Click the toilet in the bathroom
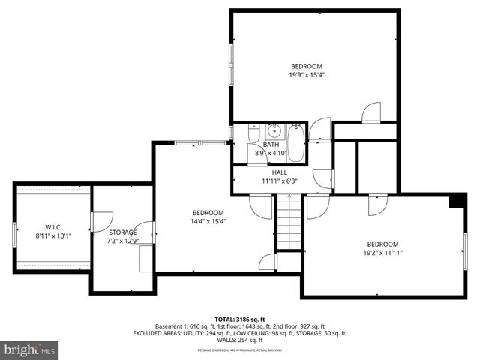[x=253, y=134]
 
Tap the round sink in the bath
[x=274, y=133]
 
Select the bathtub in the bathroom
[x=296, y=143]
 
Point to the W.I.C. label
[x=52, y=227]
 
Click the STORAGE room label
[x=122, y=232]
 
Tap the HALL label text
[x=280, y=172]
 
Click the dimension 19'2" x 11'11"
[x=382, y=253]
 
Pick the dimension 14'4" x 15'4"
[x=208, y=221]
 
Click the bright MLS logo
[x=30, y=349]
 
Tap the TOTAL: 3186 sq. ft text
[x=239, y=319]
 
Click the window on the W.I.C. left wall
[x=13, y=233]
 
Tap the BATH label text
[x=271, y=145]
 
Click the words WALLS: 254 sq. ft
[x=239, y=340]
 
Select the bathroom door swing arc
[x=320, y=129]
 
